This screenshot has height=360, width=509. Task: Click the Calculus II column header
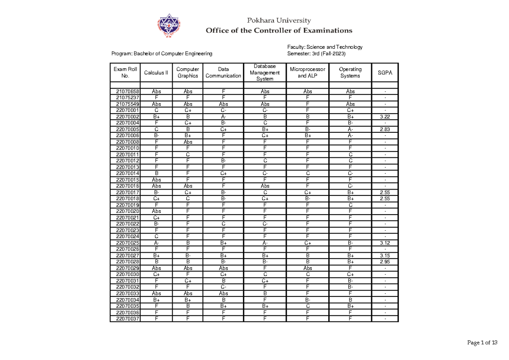click(156, 73)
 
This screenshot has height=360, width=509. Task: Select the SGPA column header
click(385, 73)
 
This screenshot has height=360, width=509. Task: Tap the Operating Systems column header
click(350, 73)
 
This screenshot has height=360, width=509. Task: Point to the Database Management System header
click(265, 73)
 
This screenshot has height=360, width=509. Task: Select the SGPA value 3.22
click(385, 116)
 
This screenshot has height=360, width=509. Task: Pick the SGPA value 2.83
click(385, 129)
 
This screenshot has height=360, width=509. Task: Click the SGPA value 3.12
click(385, 243)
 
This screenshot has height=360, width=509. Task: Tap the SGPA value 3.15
click(385, 256)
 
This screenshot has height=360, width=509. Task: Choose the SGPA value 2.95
click(385, 262)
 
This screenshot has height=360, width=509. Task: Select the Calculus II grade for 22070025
click(156, 243)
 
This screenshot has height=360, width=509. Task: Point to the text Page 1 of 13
click(482, 343)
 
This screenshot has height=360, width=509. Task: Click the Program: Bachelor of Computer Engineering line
click(162, 54)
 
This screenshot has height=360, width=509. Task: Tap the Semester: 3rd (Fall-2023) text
click(317, 54)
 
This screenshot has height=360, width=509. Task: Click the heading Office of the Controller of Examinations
click(279, 31)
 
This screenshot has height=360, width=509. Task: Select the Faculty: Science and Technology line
click(324, 47)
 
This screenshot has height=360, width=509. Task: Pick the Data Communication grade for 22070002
click(223, 116)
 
